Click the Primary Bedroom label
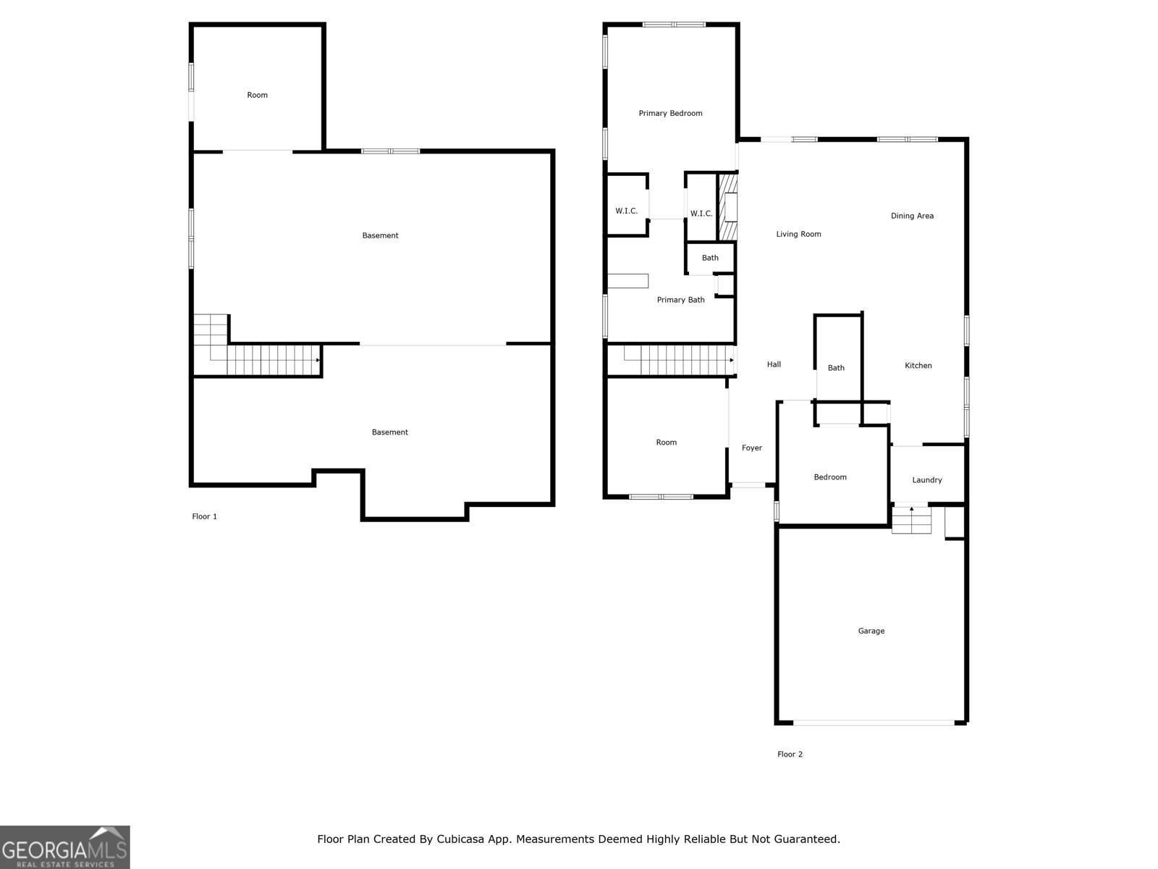pos(670,114)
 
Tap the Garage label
pos(871,631)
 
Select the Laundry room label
pos(926,480)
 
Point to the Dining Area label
pos(911,216)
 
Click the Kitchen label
pos(918,366)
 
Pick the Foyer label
pos(751,448)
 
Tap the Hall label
pos(774,365)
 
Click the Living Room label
pos(798,234)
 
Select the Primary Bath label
pos(680,300)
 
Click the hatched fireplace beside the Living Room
pos(727,207)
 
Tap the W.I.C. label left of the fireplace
pos(701,214)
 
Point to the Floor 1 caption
pos(204,516)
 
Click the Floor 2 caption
pos(790,755)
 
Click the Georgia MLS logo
pos(65,847)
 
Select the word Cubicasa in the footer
pos(462,839)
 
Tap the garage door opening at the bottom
pos(873,722)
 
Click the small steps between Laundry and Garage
pos(910,520)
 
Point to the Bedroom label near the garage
pos(829,477)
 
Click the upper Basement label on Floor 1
pos(380,235)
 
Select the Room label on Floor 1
pos(257,96)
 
